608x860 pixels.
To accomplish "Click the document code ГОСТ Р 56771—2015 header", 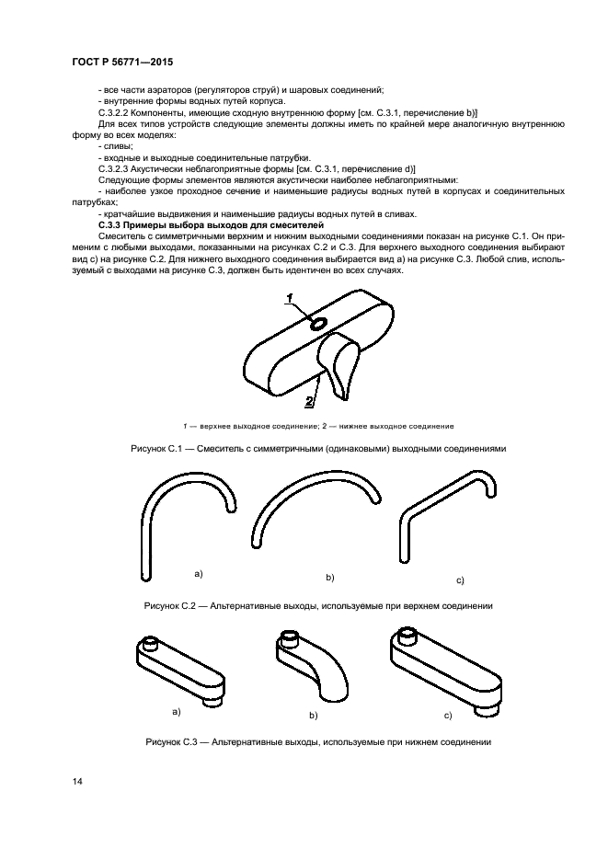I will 122,61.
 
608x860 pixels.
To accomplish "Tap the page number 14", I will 77,782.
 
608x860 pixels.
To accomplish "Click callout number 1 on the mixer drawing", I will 289,297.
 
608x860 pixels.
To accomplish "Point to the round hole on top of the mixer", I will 317,324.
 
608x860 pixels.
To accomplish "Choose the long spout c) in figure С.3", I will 446,667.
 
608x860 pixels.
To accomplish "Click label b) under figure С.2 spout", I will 329,577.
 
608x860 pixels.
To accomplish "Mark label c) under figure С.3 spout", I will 447,715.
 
